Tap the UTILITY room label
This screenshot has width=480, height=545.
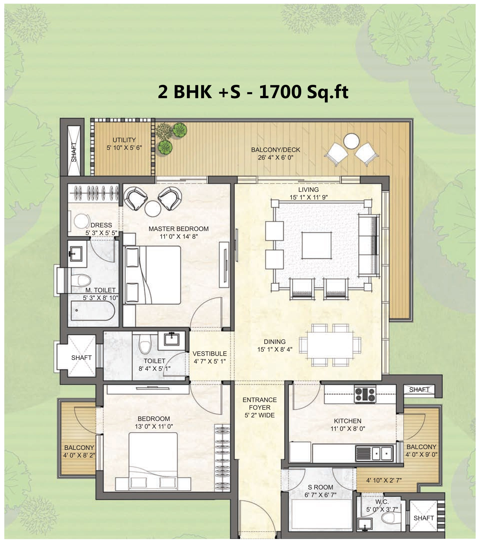pos(124,140)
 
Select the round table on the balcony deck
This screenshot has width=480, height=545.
pos(351,141)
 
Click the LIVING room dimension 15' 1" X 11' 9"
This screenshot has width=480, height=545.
pos(309,197)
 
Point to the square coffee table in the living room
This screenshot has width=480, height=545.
pos(317,245)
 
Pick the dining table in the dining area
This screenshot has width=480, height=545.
pos(330,345)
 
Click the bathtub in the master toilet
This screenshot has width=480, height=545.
pos(92,311)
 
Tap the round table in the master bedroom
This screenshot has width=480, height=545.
pos(152,209)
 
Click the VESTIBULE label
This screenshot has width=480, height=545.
pos(210,354)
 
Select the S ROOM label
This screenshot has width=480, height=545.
pos(320,487)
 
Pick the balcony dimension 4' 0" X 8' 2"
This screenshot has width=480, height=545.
pos(79,455)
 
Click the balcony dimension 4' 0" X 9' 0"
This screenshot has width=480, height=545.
pos(421,454)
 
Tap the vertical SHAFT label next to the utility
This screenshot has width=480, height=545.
pos(74,152)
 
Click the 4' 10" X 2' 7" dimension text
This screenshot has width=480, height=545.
pos(384,480)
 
